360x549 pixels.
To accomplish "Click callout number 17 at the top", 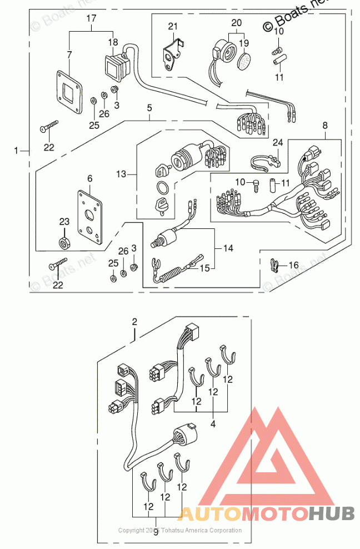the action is pyautogui.click(x=91, y=18).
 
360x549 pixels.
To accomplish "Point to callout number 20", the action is pyautogui.click(x=237, y=23).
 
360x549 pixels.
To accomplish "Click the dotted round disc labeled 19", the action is pyautogui.click(x=244, y=61).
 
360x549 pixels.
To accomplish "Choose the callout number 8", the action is pyautogui.click(x=325, y=127).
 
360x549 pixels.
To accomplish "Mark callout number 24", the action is pyautogui.click(x=277, y=142).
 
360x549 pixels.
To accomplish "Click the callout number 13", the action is pyautogui.click(x=122, y=174).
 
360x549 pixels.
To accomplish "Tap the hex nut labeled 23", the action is pyautogui.click(x=64, y=242).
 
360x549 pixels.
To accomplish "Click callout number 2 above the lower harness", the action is pyautogui.click(x=134, y=322).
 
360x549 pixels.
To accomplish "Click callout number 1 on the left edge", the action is pyautogui.click(x=17, y=150).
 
